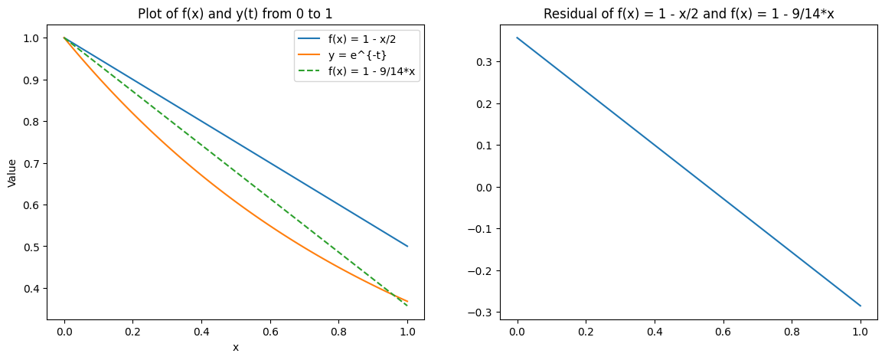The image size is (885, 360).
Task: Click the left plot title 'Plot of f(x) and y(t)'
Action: (235, 14)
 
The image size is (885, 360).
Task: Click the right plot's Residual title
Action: (689, 14)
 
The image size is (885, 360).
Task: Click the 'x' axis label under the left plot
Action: (236, 347)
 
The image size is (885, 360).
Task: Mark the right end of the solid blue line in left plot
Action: (407, 246)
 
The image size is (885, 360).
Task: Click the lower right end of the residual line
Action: (861, 306)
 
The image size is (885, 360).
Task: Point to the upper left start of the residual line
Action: (518, 38)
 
